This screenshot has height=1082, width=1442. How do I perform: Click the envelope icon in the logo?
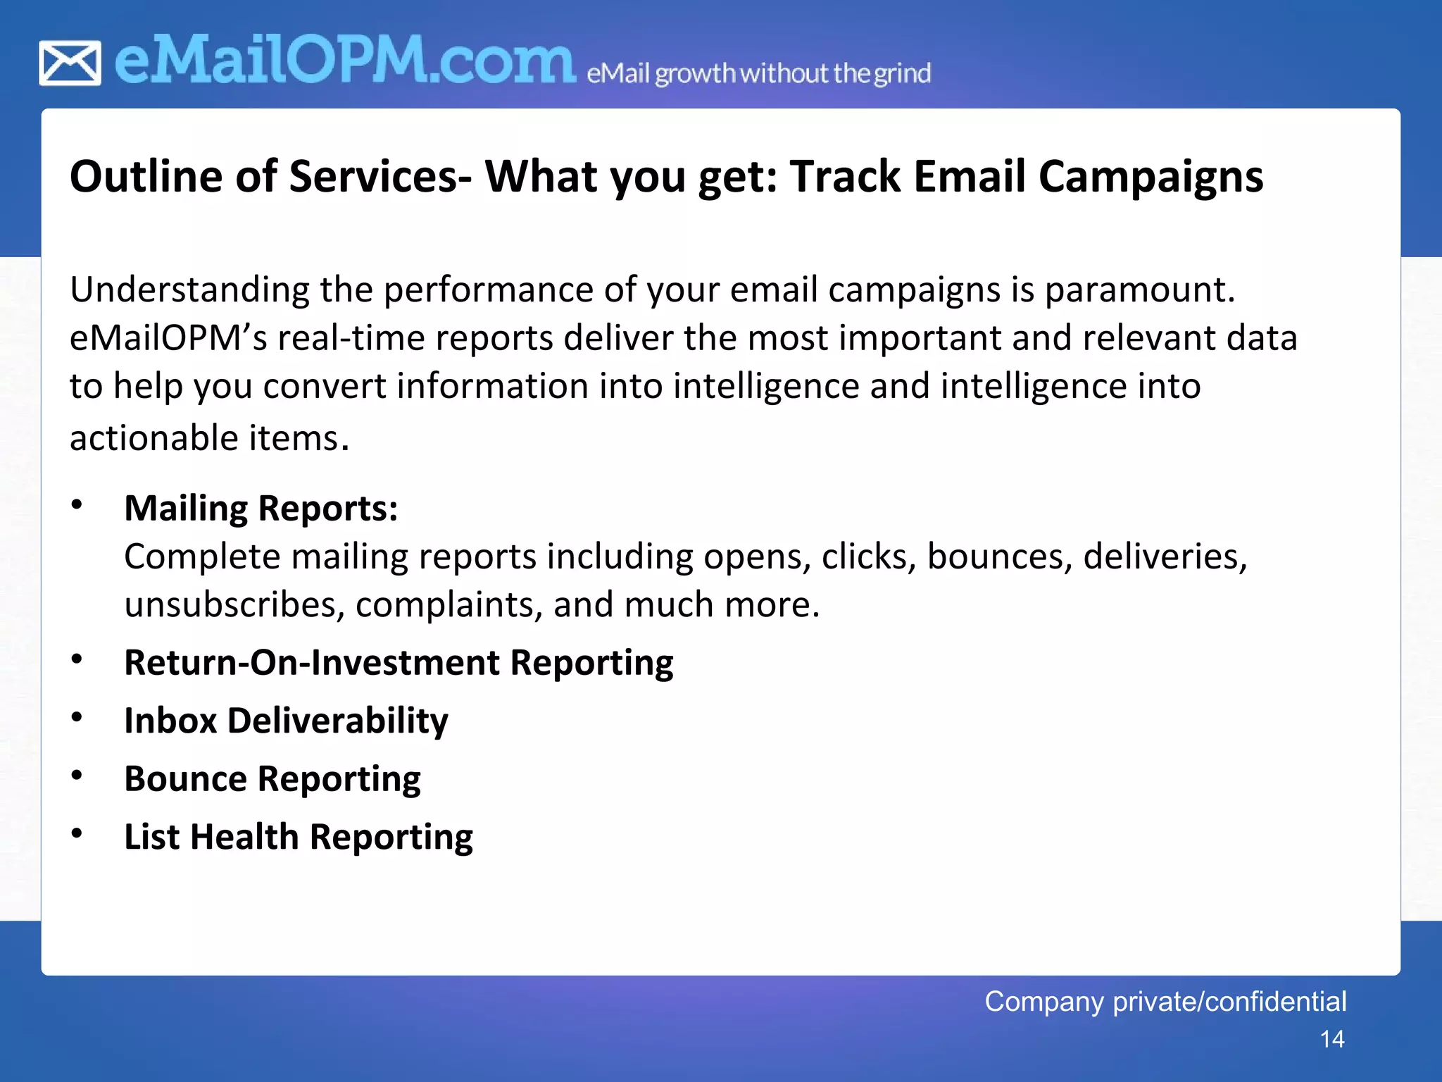coord(70,63)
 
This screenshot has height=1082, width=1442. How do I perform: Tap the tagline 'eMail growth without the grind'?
coord(758,73)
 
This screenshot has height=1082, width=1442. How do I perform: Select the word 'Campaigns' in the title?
coord(1151,178)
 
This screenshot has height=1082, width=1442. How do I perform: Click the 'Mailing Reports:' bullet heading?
coord(261,509)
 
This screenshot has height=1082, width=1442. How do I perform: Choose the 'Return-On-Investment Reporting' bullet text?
coord(399,663)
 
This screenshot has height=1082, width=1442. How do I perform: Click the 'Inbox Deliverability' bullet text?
coord(286,721)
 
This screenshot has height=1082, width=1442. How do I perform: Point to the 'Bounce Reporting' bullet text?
coord(272,779)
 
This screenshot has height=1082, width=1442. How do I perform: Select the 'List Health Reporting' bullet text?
coord(299,838)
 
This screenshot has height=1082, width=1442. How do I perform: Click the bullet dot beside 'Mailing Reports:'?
coord(77,505)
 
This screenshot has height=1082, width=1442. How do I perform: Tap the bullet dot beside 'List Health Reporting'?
coord(77,834)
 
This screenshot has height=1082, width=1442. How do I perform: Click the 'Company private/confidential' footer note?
coord(1165,1002)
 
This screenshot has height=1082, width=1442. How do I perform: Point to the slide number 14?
coord(1332,1040)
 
